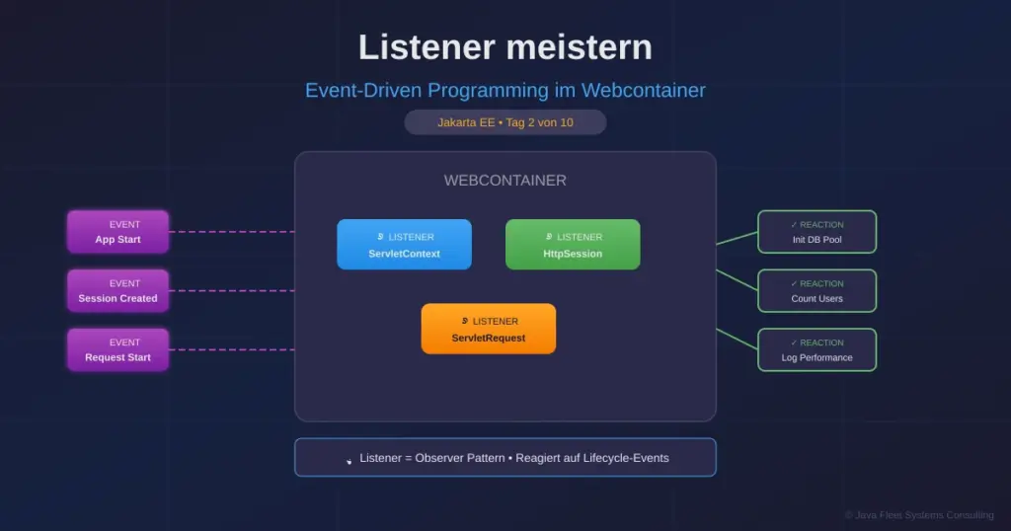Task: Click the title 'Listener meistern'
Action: [505, 47]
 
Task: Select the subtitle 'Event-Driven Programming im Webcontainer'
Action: [505, 91]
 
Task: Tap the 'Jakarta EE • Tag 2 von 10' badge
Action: [505, 122]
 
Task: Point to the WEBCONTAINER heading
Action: [505, 181]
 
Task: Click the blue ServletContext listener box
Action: [404, 245]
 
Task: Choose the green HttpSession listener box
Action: [573, 245]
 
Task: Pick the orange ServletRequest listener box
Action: [489, 329]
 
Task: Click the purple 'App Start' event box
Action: [117, 232]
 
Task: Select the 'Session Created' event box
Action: [117, 291]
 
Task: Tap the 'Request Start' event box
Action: [117, 350]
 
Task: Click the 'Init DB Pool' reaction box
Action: [817, 232]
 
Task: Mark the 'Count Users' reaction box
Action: [817, 291]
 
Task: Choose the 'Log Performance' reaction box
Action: [817, 350]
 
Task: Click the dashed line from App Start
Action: [231, 232]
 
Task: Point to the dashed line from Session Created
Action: [231, 291]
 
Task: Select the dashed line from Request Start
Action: [231, 350]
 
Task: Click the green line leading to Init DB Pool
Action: [737, 238]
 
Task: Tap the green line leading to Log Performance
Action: [737, 339]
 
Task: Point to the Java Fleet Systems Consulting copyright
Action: [918, 515]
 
